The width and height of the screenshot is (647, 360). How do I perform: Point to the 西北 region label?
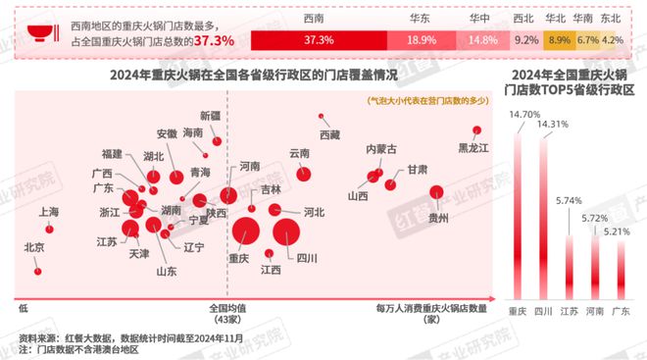click(x=525, y=17)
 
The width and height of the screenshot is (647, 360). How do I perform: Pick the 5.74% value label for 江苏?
click(x=569, y=201)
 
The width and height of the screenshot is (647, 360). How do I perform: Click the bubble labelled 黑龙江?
click(x=478, y=131)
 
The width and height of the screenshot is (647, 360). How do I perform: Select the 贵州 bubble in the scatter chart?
click(x=436, y=192)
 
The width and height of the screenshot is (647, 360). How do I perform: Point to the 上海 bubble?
click(x=50, y=229)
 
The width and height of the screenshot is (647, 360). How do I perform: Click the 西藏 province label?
click(x=329, y=132)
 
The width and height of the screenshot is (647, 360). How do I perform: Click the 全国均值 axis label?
click(x=226, y=307)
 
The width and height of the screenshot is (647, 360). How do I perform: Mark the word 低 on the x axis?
click(x=21, y=307)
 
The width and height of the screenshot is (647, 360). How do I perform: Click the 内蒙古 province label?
click(x=381, y=149)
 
